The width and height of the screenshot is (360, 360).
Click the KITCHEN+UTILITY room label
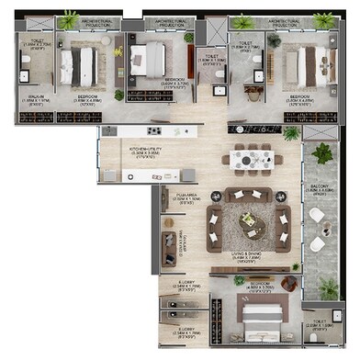pyautogui.click(x=124, y=152)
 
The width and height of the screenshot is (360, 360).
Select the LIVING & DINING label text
pyautogui.click(x=250, y=258)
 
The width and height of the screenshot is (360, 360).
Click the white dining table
pyautogui.click(x=252, y=160)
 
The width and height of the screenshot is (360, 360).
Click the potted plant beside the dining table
pyautogui.click(x=291, y=134)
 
